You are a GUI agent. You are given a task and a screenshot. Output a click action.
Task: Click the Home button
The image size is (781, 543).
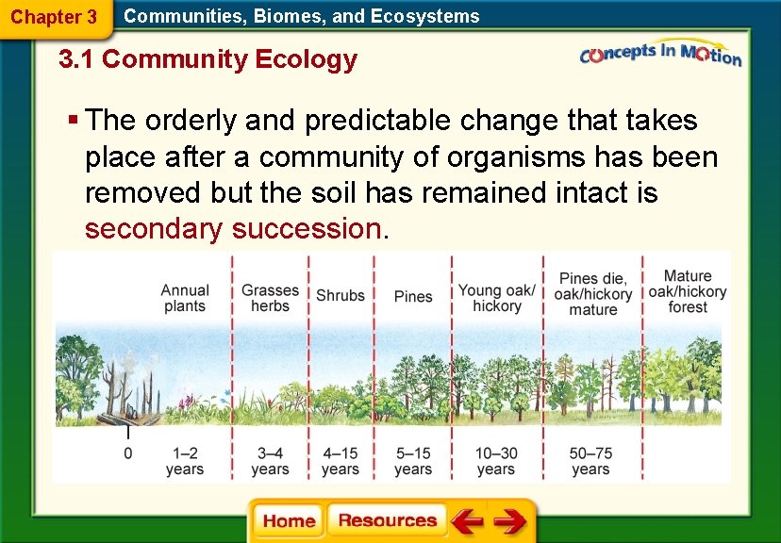click(289, 520)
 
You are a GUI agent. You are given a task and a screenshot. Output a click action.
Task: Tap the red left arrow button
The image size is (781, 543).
click(467, 520)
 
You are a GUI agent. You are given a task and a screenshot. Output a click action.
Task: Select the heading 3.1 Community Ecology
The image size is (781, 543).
click(208, 60)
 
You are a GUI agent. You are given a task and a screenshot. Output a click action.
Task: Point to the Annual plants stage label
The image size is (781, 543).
click(185, 298)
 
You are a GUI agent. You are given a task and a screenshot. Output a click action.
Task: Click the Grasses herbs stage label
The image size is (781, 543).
click(270, 298)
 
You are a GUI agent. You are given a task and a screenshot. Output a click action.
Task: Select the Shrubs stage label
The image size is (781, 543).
click(340, 296)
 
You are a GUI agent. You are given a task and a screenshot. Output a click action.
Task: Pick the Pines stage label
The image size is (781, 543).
click(413, 296)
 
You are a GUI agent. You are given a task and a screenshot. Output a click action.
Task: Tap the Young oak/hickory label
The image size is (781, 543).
click(497, 298)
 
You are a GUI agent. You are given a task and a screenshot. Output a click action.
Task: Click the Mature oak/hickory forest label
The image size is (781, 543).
click(688, 291)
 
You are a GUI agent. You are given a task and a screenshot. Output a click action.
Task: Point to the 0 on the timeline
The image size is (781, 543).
click(128, 453)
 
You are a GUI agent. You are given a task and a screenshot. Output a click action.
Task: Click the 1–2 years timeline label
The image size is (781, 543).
click(185, 461)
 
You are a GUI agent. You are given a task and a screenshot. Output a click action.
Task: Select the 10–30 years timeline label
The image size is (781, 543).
click(496, 461)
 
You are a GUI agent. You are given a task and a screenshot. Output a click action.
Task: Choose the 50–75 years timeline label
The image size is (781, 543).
click(590, 461)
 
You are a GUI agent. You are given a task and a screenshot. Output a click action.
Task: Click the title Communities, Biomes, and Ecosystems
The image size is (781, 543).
click(302, 16)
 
